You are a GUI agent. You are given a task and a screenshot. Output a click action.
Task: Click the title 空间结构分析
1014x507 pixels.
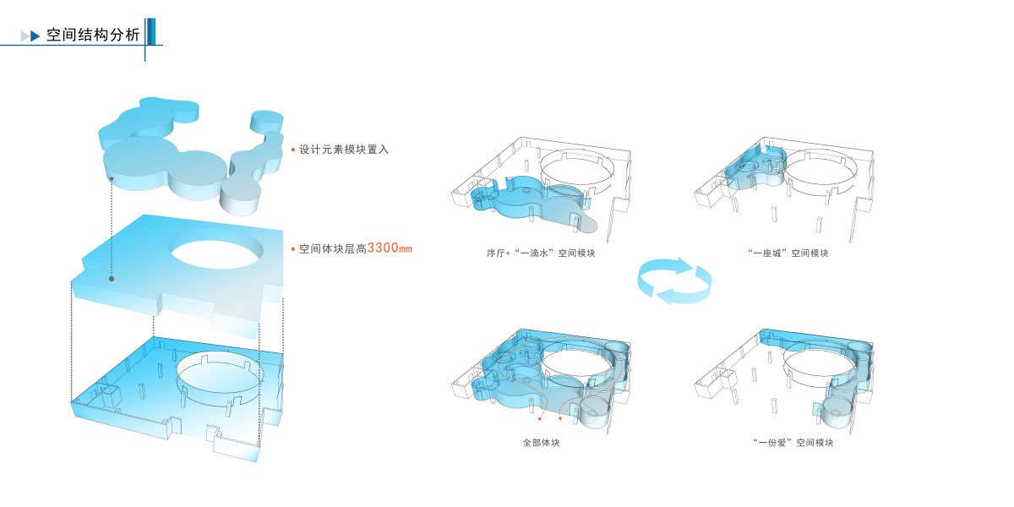93,35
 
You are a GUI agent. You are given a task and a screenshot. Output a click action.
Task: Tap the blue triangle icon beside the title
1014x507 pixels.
35,36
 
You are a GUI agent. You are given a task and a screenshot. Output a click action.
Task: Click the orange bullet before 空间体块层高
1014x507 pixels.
292,249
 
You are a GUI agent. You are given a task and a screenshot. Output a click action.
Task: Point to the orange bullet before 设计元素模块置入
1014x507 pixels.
292,150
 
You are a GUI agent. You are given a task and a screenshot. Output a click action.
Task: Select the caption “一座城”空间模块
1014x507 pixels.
788,253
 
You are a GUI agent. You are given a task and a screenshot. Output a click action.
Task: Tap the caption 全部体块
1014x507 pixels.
541,442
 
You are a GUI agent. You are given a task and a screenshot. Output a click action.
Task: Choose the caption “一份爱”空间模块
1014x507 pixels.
792,442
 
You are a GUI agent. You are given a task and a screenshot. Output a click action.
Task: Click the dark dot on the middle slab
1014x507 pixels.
111,278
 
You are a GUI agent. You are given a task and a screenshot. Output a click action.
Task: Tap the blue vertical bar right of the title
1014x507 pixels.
151,31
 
